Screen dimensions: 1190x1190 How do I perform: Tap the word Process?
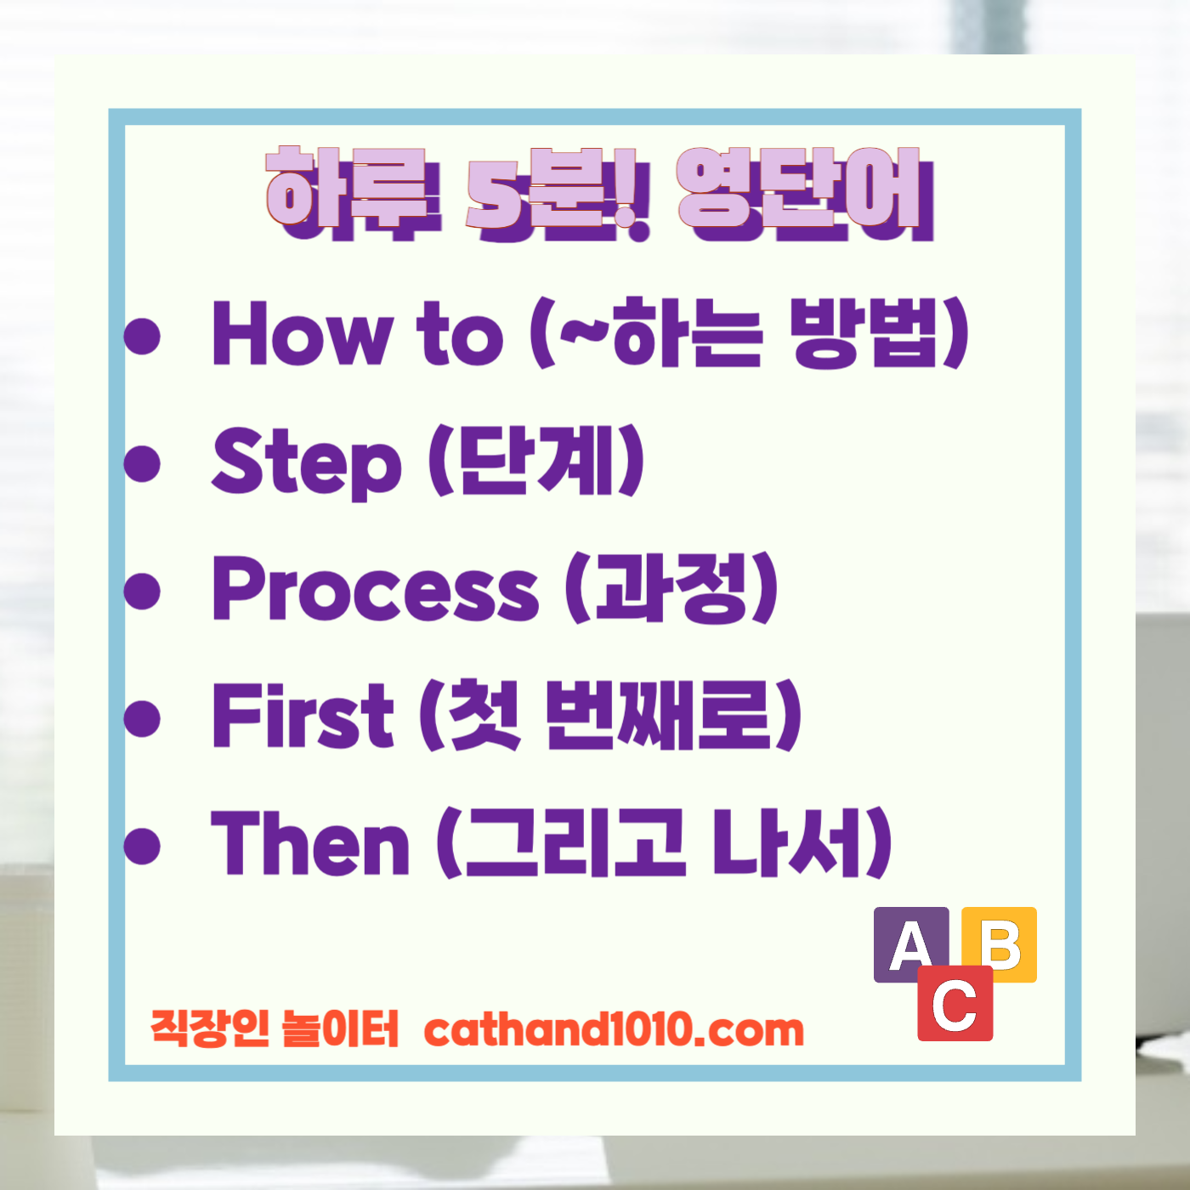375,588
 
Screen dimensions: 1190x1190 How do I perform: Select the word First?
303,715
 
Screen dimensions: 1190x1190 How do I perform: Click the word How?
303,333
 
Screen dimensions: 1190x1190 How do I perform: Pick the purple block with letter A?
909,942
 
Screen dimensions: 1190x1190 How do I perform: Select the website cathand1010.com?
613,1029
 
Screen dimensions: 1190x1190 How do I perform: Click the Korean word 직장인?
210,1028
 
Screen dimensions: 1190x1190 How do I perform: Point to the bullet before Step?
142,463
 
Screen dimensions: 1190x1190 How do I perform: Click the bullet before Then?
142,845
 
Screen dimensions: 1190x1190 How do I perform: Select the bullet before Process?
142,590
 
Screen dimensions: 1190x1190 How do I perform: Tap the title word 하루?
353,193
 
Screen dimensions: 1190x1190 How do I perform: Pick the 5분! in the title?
557,193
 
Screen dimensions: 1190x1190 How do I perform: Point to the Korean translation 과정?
671,587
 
